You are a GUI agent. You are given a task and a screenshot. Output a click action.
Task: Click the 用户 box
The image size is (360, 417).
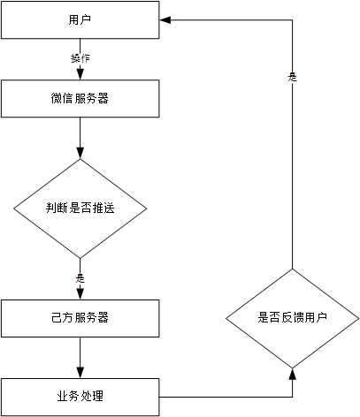pos(80,19)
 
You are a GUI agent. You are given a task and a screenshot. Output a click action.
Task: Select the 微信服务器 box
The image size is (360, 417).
pos(80,99)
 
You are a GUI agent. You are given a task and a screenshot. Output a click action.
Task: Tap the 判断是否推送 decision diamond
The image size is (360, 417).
pos(80,208)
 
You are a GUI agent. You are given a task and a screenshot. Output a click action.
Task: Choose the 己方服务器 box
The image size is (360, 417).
pos(80,317)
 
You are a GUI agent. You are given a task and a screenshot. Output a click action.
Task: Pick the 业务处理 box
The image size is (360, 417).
pos(80,394)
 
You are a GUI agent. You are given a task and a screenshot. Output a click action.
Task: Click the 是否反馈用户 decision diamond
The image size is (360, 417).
pos(292,317)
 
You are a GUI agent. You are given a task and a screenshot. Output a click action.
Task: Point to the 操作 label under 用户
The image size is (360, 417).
pos(80,58)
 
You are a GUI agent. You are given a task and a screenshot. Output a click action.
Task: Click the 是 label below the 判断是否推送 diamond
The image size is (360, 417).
pos(80,277)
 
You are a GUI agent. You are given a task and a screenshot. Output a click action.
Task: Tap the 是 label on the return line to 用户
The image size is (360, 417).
pos(292,78)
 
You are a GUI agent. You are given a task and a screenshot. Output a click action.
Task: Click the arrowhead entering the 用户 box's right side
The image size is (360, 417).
pos(165,19)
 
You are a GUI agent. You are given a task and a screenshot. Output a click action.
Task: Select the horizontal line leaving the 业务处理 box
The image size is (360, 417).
pos(226,394)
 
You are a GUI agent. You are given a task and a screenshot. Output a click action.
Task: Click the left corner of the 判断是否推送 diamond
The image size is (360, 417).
pos(13,208)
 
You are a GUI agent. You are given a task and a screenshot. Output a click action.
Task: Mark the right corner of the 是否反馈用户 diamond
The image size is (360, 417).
pos(358,317)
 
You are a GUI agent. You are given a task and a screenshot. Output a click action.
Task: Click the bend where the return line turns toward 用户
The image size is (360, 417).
pos(292,19)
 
